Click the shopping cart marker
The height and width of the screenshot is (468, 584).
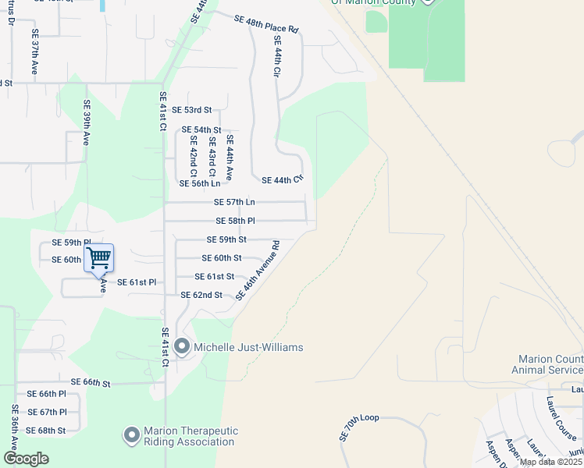point(99,257)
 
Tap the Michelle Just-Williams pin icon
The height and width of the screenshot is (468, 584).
point(183,346)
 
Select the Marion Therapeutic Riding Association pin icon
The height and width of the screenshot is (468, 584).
point(130,434)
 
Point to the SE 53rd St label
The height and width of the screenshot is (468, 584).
point(192,110)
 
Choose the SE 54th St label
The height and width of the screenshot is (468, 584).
point(201,129)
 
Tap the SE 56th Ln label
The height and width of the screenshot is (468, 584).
point(200,183)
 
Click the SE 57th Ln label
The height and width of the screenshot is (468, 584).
point(235,202)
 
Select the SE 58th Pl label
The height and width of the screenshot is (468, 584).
point(235,221)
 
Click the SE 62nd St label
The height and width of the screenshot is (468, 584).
point(201,295)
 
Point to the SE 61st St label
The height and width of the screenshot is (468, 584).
point(215,276)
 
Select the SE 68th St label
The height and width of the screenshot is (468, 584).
point(46,430)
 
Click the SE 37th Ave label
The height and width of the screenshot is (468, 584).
point(35,53)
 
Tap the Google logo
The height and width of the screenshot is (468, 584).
point(26,459)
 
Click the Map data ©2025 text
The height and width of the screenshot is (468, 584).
point(551,462)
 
